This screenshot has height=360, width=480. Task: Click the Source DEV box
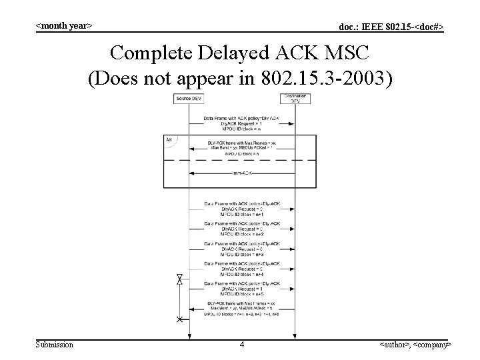[x=188, y=99]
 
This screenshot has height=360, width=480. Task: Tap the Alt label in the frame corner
[x=170, y=140]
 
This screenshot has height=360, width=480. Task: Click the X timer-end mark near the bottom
[x=179, y=319]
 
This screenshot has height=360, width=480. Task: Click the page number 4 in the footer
[x=242, y=345]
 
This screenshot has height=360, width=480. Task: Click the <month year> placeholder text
[x=63, y=25]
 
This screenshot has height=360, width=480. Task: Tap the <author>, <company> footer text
[x=415, y=345]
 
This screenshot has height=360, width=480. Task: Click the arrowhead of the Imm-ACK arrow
[x=192, y=173]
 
